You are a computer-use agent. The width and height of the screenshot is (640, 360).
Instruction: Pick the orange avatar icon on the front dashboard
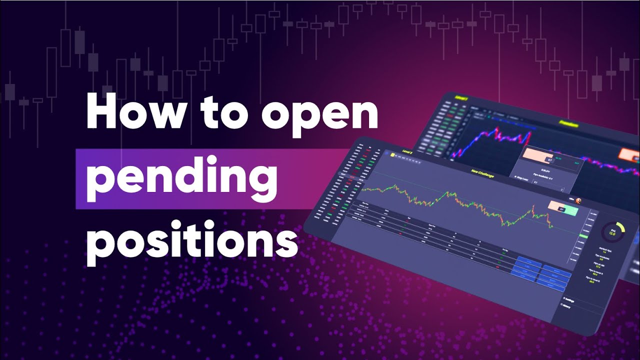pos(578,200)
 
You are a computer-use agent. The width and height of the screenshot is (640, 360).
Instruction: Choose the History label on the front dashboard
pos(567,310)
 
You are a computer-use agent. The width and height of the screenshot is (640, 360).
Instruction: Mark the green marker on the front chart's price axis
pos(583,235)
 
